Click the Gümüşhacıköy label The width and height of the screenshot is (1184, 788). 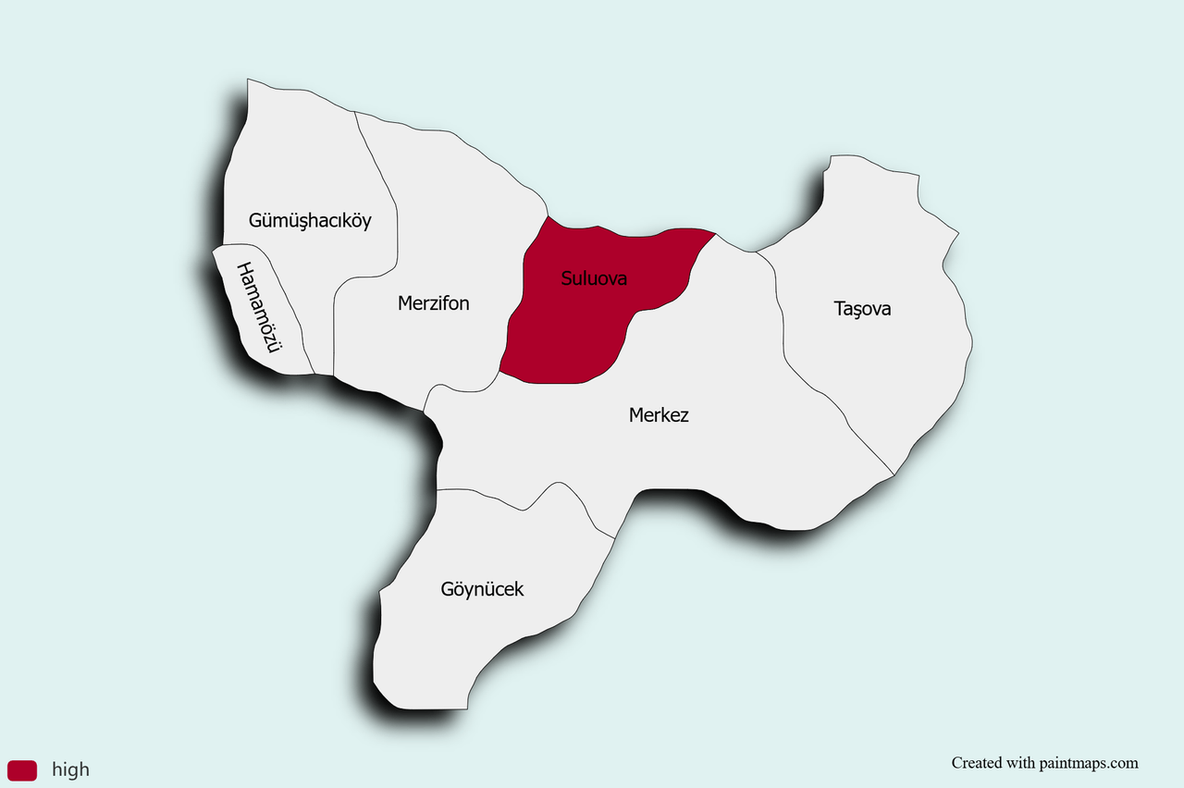[x=310, y=221]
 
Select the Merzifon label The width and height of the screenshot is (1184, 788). [x=433, y=303]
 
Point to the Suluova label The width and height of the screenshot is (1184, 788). [x=594, y=277]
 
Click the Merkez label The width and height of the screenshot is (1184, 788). [x=659, y=415]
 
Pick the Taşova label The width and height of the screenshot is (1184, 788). [x=862, y=309]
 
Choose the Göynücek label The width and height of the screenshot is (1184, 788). [x=482, y=589]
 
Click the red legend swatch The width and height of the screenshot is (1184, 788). [x=22, y=770]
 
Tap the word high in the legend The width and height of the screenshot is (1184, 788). [x=71, y=770]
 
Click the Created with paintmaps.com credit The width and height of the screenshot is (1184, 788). [x=1044, y=763]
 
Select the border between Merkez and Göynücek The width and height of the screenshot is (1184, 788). [x=526, y=510]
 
